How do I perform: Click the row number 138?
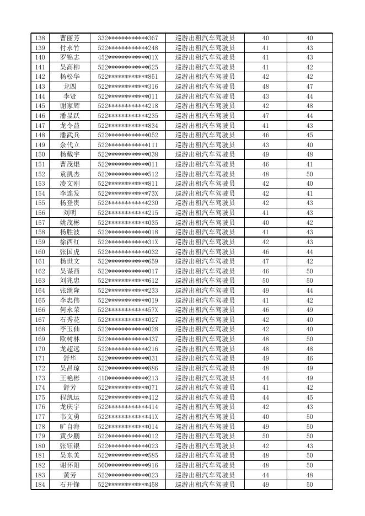(x=40, y=38)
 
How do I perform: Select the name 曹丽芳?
(x=69, y=38)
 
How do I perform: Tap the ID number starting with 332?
(x=128, y=38)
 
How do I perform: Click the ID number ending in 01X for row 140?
(x=128, y=57)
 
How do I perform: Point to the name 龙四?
(x=69, y=87)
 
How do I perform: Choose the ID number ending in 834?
(x=128, y=126)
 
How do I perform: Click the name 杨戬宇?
(x=69, y=154)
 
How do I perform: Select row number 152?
(x=40, y=174)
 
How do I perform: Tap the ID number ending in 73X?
(x=128, y=193)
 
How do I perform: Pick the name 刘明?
(x=69, y=213)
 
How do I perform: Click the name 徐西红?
(x=69, y=242)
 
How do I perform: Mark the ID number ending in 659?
(x=128, y=261)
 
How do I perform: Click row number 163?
(x=40, y=281)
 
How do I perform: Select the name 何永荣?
(x=69, y=310)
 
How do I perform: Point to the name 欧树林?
(x=69, y=339)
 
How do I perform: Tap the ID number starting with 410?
(x=128, y=378)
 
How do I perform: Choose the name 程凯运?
(x=69, y=397)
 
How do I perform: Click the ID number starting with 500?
(x=128, y=465)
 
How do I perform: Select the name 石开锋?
(x=69, y=485)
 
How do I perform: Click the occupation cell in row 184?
(x=205, y=485)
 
